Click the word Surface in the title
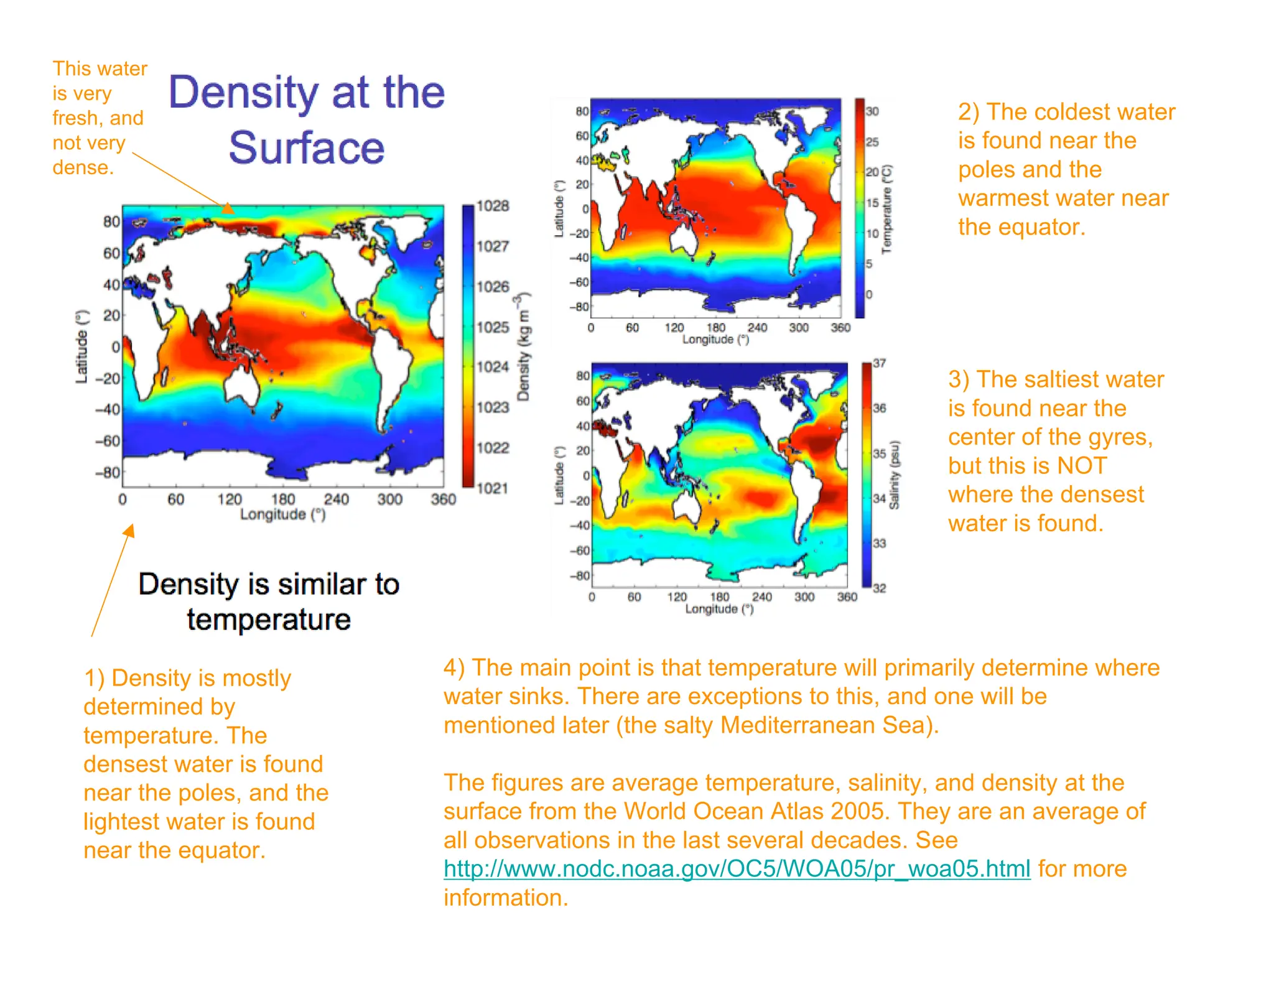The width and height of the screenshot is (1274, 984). click(306, 148)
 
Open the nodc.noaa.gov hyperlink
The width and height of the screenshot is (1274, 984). click(737, 869)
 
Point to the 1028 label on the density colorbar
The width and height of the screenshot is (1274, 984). click(493, 206)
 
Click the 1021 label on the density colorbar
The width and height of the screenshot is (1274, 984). click(493, 488)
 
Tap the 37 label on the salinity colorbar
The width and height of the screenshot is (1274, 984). click(879, 363)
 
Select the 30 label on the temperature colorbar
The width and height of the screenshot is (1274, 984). click(872, 111)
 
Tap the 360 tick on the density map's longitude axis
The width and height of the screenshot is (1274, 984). click(443, 499)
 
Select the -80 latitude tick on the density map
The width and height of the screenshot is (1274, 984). click(108, 473)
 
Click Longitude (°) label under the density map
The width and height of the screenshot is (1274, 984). click(282, 514)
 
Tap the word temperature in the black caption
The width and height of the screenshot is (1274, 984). click(269, 620)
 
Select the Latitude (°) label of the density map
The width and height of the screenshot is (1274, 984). click(82, 346)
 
